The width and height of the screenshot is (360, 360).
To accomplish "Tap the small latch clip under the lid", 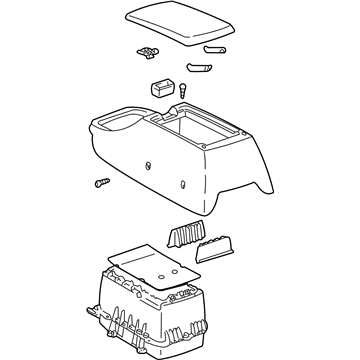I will click(x=147, y=49).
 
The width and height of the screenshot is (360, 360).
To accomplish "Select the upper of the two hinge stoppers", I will click(x=213, y=47).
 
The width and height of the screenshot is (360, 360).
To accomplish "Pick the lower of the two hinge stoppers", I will click(x=195, y=70).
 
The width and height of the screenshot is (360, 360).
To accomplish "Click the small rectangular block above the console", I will click(x=160, y=87).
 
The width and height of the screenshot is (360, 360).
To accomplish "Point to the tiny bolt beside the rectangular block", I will click(x=186, y=89).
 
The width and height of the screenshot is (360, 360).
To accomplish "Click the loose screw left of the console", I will click(x=101, y=184).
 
